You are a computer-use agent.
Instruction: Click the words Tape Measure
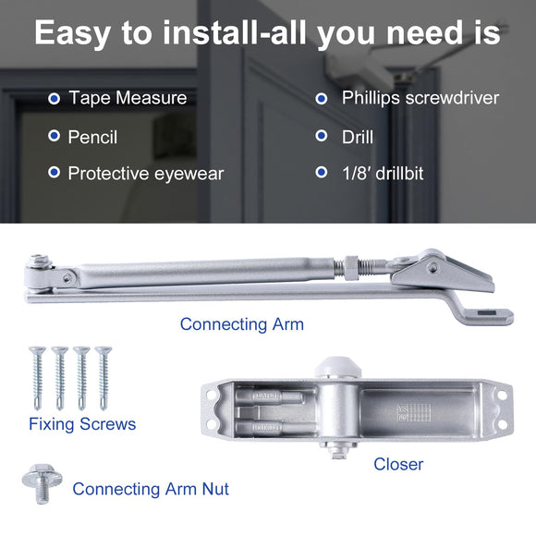pyautogui.click(x=127, y=98)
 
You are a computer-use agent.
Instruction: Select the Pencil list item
pyautogui.click(x=92, y=137)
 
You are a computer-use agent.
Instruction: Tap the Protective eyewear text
pyautogui.click(x=145, y=174)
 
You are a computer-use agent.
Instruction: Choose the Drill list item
pyautogui.click(x=358, y=137)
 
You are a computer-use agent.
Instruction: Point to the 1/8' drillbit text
pyautogui.click(x=383, y=173)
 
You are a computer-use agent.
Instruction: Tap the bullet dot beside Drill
pyautogui.click(x=322, y=136)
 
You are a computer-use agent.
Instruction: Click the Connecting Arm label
pyautogui.click(x=241, y=324)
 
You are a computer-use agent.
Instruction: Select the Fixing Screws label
pyautogui.click(x=82, y=424)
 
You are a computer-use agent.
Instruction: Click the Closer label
pyautogui.click(x=398, y=464)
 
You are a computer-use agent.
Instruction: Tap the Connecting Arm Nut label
pyautogui.click(x=151, y=489)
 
